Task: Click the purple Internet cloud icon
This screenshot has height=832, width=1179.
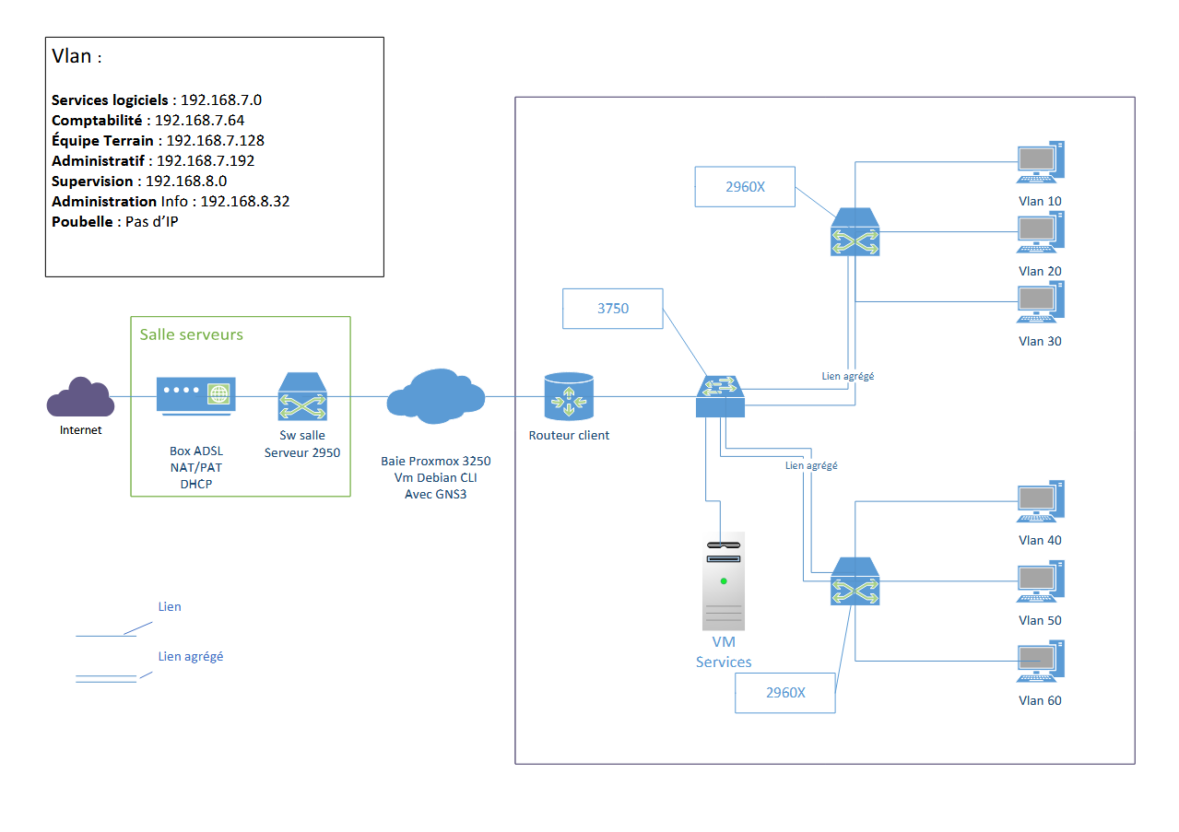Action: click(81, 399)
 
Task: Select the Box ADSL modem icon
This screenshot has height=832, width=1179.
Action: click(195, 396)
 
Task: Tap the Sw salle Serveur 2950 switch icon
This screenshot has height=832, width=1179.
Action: click(302, 397)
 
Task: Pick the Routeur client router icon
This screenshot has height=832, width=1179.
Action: click(569, 397)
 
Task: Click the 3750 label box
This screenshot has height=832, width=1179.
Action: click(612, 309)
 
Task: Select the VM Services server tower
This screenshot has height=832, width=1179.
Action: click(724, 580)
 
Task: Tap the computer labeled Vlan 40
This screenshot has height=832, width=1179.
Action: click(1040, 502)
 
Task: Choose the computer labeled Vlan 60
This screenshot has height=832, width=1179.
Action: click(1040, 662)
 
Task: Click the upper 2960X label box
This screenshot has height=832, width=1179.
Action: click(745, 187)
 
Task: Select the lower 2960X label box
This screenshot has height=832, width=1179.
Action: click(784, 693)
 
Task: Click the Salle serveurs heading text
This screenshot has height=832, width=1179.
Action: click(191, 334)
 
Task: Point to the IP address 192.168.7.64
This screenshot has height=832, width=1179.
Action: click(199, 120)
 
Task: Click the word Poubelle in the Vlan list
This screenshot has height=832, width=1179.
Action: click(84, 221)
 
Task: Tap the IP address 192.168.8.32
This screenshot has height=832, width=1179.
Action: click(245, 201)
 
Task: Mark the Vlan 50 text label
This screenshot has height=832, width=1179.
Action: click(1040, 620)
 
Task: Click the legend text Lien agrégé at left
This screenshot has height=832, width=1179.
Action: click(191, 657)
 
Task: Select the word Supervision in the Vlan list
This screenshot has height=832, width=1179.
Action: click(92, 181)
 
